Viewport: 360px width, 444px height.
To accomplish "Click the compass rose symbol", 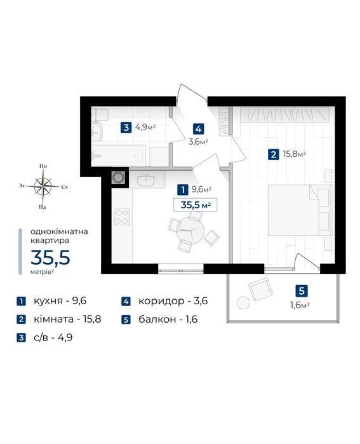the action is tap(43, 186).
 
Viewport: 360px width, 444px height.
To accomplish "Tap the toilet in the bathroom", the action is tap(101, 115).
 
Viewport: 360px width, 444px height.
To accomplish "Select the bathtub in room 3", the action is tap(119, 156).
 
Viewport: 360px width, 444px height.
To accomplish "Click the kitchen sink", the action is tap(146, 180).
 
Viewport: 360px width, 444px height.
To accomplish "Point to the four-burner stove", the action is tap(123, 217).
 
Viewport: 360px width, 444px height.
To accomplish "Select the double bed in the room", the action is tap(300, 210).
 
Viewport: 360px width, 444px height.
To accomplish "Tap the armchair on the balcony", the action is tap(260, 289).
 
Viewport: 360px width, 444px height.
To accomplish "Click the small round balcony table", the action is tap(243, 303).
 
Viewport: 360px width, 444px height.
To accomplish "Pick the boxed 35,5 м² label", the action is tap(196, 205).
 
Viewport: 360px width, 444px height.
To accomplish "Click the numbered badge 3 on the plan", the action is tap(126, 127).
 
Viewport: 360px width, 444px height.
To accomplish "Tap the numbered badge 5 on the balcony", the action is tap(302, 291).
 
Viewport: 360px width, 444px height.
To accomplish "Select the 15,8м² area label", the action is tap(295, 154).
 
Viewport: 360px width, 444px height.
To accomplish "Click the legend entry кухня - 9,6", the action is tap(60, 300).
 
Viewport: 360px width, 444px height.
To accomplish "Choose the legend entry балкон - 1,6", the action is tap(168, 320).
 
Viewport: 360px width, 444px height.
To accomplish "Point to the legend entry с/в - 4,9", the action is tap(53, 337).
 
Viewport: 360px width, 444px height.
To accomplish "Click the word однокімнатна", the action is tap(59, 231).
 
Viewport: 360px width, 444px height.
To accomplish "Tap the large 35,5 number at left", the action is tap(50, 257).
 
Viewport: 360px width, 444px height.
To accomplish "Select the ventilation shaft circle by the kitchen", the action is tap(117, 178).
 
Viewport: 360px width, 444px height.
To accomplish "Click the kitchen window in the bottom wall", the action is tap(180, 269).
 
